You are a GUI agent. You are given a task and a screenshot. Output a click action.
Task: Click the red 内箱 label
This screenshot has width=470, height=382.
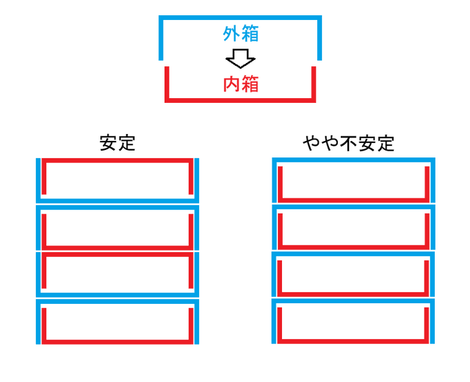(241, 84)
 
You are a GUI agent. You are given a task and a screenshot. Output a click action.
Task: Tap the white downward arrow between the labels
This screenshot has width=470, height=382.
(241, 59)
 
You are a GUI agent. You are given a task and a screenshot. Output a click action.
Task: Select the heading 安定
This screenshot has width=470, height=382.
(117, 143)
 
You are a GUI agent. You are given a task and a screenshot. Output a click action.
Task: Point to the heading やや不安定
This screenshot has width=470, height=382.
(349, 143)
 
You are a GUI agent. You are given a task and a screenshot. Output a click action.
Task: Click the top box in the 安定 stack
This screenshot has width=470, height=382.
(117, 180)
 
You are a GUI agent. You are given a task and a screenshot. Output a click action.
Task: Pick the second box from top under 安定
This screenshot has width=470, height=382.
(117, 227)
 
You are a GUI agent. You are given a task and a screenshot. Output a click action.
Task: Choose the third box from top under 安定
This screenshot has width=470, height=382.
(117, 274)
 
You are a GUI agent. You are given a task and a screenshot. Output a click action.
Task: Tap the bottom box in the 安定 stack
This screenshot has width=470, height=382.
(117, 321)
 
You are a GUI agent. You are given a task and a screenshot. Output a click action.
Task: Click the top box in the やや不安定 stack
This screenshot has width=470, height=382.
(355, 180)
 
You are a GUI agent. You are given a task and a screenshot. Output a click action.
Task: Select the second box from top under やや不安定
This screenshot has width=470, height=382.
(355, 227)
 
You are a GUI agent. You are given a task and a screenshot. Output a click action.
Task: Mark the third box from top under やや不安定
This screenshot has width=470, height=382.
(355, 274)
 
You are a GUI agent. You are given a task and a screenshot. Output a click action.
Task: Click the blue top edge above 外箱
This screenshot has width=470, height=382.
(241, 18)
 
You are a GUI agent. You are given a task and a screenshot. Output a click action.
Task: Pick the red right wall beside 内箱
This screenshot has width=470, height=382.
(313, 83)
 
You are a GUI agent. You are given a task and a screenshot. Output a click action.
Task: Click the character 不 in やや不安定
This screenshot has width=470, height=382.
(349, 143)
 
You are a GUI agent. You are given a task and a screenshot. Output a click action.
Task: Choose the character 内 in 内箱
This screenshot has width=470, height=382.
(232, 84)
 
